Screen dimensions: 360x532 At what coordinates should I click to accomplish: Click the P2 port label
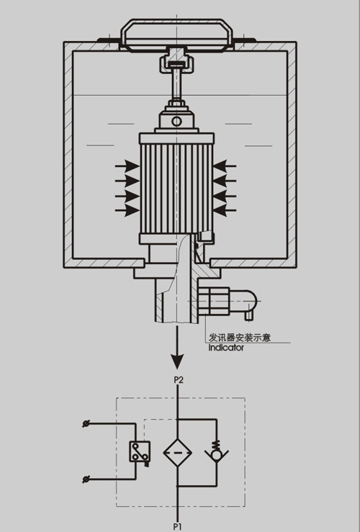point(179,380)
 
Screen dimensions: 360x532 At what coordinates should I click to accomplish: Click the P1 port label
point(178,527)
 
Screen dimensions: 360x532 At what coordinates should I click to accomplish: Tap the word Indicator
point(226,348)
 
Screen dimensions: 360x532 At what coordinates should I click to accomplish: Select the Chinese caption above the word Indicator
point(240,338)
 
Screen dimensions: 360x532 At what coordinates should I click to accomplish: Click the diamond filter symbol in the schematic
point(177,453)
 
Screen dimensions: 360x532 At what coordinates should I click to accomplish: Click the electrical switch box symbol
point(140,452)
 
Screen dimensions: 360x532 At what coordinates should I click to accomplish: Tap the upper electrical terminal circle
point(86,424)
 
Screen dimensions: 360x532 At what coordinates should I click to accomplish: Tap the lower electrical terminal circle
point(86,479)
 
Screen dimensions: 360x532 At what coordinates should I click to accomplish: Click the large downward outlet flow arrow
point(177,348)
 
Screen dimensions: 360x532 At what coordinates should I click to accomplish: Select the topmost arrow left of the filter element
point(127,166)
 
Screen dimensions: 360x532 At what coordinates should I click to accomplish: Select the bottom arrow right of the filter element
point(225,210)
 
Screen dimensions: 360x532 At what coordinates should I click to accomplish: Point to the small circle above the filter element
point(176,121)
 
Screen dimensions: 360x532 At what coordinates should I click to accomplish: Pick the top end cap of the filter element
point(176,138)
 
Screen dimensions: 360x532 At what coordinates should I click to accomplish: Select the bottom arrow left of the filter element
point(127,211)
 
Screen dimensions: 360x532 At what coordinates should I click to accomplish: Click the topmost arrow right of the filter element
point(225,166)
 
